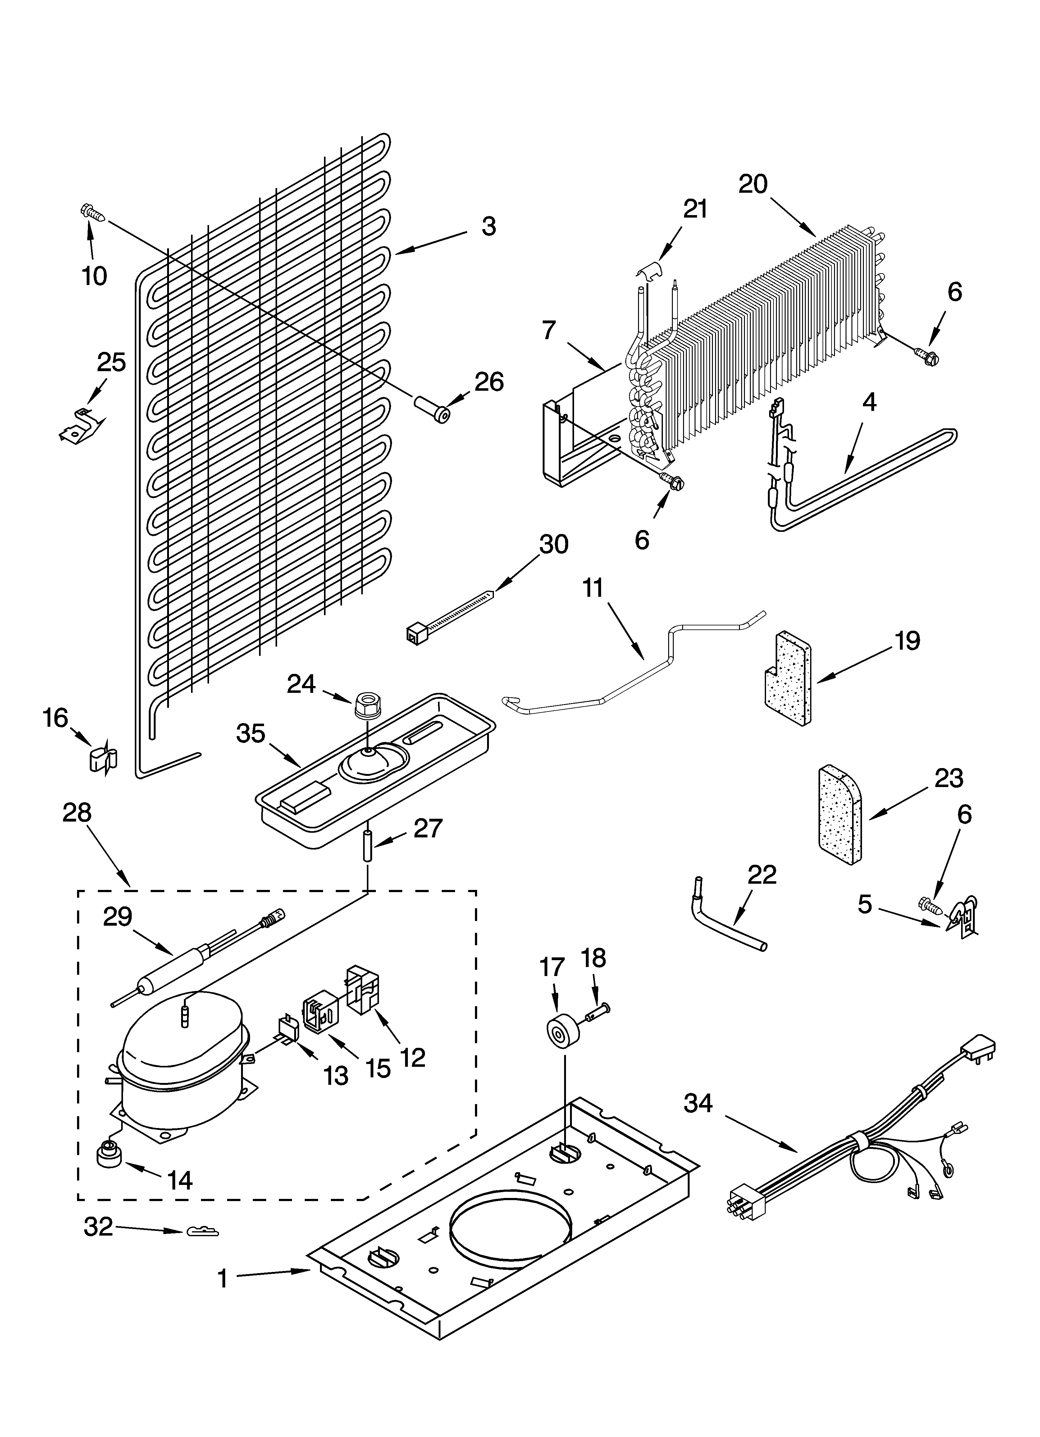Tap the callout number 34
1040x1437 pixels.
(x=698, y=1104)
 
